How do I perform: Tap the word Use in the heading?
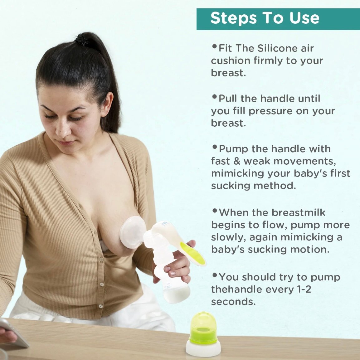tap(304, 18)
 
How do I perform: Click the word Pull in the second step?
tap(228, 99)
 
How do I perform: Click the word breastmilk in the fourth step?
tap(298, 213)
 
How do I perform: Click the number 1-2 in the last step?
tap(304, 289)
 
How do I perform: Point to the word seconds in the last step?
tap(233, 302)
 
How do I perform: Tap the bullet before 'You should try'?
tap(215, 275)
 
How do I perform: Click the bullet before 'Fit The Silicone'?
tap(215, 46)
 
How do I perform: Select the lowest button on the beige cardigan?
tap(100, 306)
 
